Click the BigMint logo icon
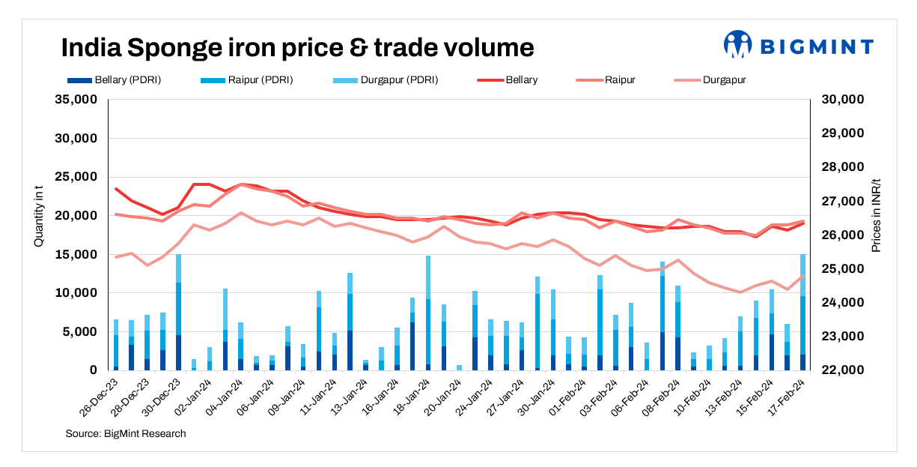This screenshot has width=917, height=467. (737, 44)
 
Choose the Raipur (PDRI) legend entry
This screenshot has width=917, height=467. (246, 79)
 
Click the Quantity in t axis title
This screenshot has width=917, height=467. (38, 235)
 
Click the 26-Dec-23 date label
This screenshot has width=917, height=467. (100, 397)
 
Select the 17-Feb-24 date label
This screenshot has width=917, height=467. (790, 397)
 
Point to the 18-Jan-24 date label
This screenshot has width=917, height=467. (414, 397)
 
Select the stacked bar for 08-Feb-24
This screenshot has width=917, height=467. (662, 316)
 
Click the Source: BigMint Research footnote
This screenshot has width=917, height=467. (125, 433)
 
